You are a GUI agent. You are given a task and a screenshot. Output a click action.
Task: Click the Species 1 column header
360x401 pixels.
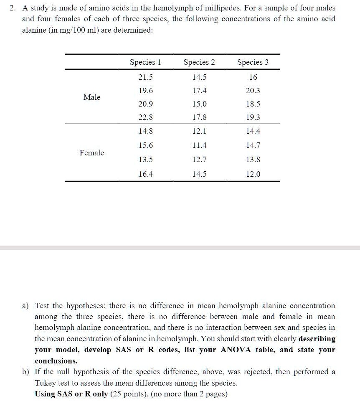point(145,62)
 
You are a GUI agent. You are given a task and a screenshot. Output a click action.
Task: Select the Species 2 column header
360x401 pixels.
point(199,62)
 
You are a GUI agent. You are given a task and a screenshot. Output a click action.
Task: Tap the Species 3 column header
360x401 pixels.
point(253,62)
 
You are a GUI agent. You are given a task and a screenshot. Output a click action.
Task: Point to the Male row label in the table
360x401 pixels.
point(92,97)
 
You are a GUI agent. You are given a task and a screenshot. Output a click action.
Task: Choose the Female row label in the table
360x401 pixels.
point(92,153)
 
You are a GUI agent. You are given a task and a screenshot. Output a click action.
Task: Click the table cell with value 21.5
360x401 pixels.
point(145,77)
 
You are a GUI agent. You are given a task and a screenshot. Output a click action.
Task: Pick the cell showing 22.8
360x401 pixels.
point(145,117)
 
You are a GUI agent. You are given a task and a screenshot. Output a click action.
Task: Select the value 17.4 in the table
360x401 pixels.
point(199,91)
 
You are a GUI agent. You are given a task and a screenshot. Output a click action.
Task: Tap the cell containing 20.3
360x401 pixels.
point(253,91)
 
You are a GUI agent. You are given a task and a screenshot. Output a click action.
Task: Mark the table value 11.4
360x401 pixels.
point(199,145)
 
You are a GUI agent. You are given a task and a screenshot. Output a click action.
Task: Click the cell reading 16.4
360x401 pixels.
point(145,174)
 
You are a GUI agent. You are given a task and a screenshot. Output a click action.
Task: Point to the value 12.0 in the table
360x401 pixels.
point(253,174)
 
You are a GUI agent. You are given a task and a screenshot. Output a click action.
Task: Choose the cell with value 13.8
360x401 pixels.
point(253,159)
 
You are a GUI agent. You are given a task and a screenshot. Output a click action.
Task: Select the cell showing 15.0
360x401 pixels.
point(199,104)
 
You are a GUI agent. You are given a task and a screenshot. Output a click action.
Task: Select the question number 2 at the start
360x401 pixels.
point(13,8)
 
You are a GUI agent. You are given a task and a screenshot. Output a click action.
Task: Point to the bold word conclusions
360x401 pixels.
point(56,360)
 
